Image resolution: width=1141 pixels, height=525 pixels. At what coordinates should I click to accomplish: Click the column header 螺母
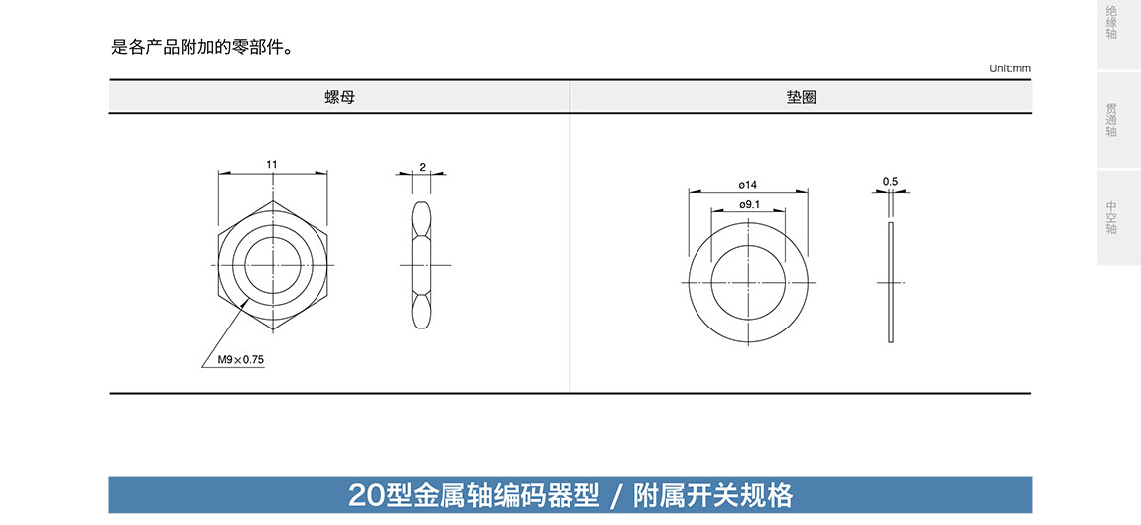[338, 97]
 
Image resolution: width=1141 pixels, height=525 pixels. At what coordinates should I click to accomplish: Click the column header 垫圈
[801, 97]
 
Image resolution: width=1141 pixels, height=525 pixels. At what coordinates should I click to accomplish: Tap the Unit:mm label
[1010, 68]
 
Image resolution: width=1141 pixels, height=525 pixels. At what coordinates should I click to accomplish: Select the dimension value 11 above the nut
[272, 163]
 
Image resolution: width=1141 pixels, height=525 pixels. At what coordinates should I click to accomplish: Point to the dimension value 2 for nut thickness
[422, 167]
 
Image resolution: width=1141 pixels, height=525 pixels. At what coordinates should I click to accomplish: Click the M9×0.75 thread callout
[241, 360]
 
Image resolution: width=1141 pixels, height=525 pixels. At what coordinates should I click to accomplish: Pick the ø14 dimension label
[748, 185]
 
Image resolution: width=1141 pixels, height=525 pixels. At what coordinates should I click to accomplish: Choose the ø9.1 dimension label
[749, 204]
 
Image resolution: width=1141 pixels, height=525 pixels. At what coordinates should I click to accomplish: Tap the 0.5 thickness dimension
[890, 182]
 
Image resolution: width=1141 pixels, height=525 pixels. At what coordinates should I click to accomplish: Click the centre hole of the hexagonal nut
[272, 266]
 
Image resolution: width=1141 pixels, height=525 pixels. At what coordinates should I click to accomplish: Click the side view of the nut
[423, 266]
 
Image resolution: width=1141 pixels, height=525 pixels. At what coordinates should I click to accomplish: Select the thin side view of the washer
[891, 283]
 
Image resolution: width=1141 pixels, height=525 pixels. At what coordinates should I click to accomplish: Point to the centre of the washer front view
[748, 282]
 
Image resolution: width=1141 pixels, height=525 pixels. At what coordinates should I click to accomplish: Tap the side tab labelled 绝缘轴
[1111, 23]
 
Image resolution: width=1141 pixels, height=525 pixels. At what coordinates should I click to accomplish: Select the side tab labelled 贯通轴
[1111, 119]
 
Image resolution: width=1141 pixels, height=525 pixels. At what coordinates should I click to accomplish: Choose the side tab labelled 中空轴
[1111, 217]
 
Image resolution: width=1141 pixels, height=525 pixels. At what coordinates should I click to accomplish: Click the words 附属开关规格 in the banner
[712, 495]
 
